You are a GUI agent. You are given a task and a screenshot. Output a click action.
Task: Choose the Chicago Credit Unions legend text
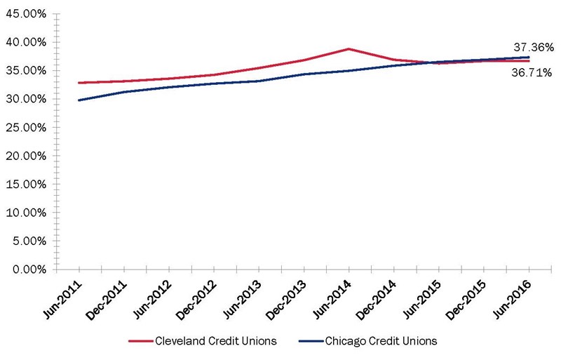point(381,341)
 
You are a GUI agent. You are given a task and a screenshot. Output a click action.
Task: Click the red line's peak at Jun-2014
point(349,49)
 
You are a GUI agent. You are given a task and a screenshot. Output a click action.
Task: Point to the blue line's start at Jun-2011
point(79,100)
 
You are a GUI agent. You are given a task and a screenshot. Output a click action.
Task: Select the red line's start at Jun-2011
point(79,83)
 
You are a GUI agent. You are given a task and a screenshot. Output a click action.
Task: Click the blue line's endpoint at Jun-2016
point(528,57)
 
